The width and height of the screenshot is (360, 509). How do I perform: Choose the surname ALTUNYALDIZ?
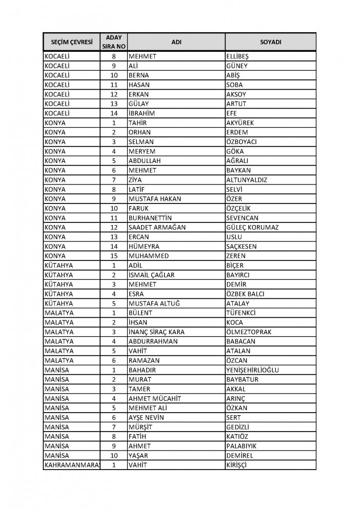point(250,180)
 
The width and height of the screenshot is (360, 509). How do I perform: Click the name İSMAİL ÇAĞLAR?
point(152,275)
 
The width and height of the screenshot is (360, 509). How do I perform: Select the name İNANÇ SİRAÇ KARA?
point(156,332)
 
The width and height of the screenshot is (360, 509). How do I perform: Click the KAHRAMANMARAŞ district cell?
point(71,464)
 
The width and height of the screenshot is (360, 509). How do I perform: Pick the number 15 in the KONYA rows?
point(113,256)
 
